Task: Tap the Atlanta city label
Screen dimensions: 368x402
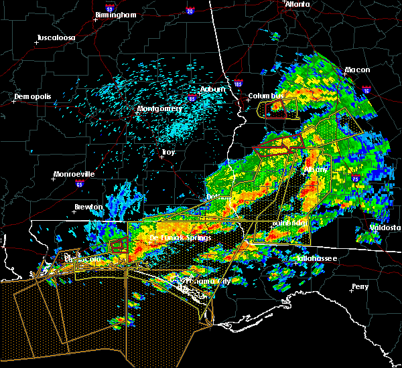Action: click(297, 4)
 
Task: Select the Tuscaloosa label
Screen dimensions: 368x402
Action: click(58, 37)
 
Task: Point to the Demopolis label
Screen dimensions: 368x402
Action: click(33, 97)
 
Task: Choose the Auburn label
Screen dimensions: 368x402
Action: click(212, 89)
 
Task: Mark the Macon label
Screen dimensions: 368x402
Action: click(357, 70)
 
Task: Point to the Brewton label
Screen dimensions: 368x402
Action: click(89, 207)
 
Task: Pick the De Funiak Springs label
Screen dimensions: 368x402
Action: click(180, 238)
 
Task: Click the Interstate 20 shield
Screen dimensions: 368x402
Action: click(190, 11)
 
